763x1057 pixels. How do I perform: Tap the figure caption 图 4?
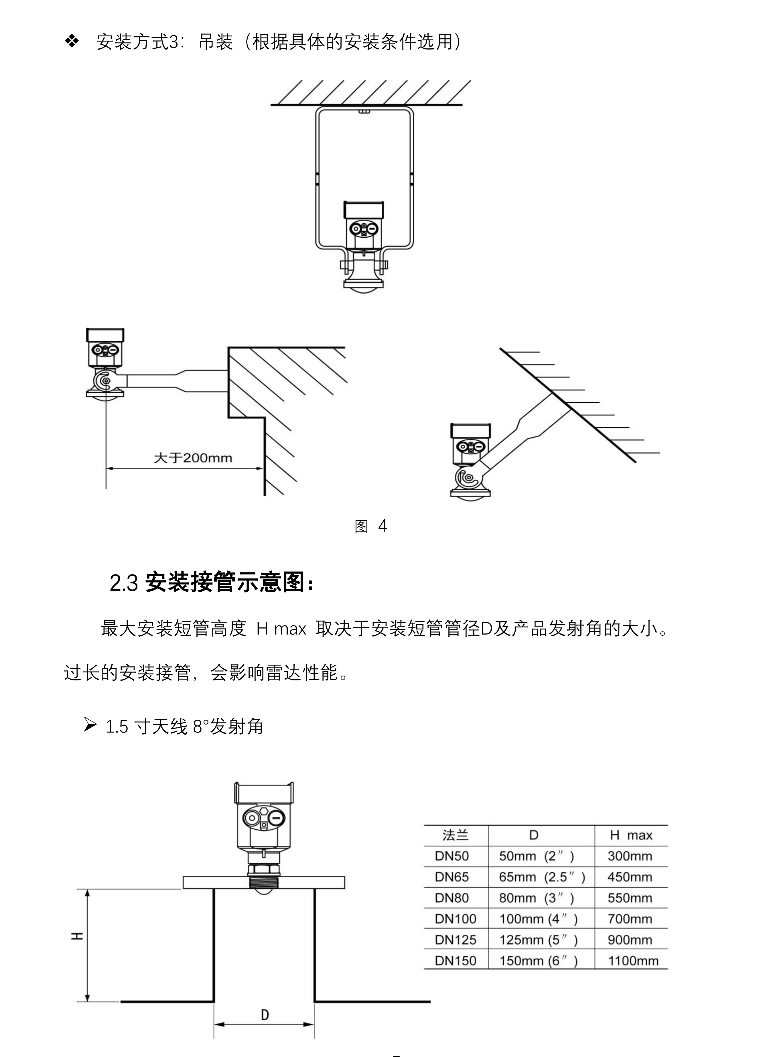[371, 526]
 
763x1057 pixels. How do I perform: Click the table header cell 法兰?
[455, 835]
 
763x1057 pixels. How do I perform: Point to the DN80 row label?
[452, 898]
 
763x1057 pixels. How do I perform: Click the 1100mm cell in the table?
[632, 961]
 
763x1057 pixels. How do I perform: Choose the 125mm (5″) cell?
[538, 940]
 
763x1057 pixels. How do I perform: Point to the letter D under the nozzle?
[265, 1015]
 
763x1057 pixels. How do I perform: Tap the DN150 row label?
[455, 961]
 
